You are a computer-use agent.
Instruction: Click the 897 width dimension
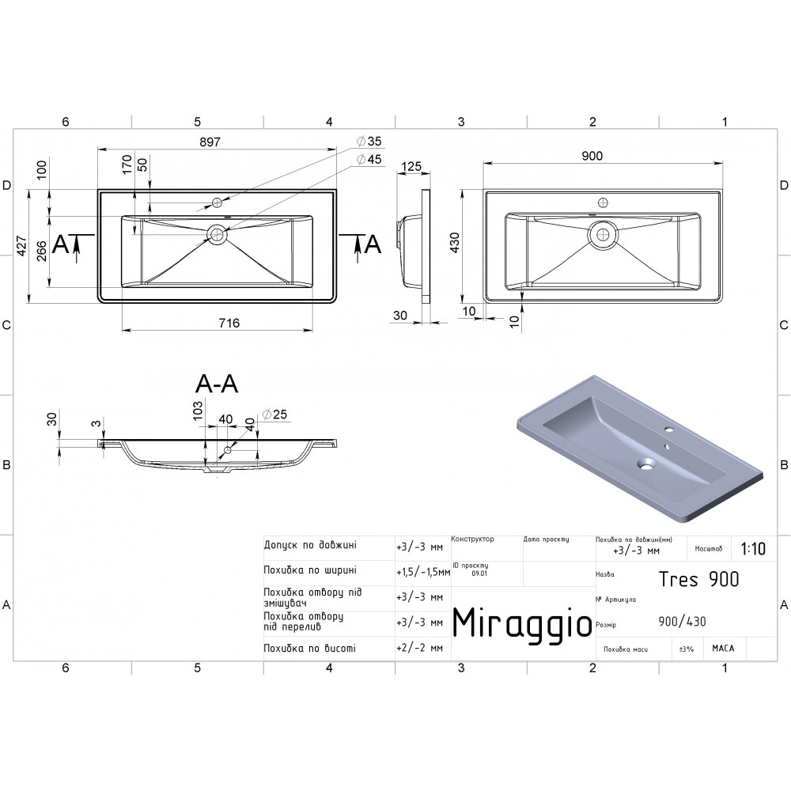210,142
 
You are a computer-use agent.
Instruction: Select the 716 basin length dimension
229,323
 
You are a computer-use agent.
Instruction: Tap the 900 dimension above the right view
592,155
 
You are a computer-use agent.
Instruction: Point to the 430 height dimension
455,243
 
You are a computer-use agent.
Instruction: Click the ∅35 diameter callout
369,142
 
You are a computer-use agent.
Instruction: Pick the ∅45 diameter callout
369,160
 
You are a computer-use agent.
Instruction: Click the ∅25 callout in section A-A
274,414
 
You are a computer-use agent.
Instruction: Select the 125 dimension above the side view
411,166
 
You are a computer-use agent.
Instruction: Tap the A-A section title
217,384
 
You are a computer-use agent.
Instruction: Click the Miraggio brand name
522,623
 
